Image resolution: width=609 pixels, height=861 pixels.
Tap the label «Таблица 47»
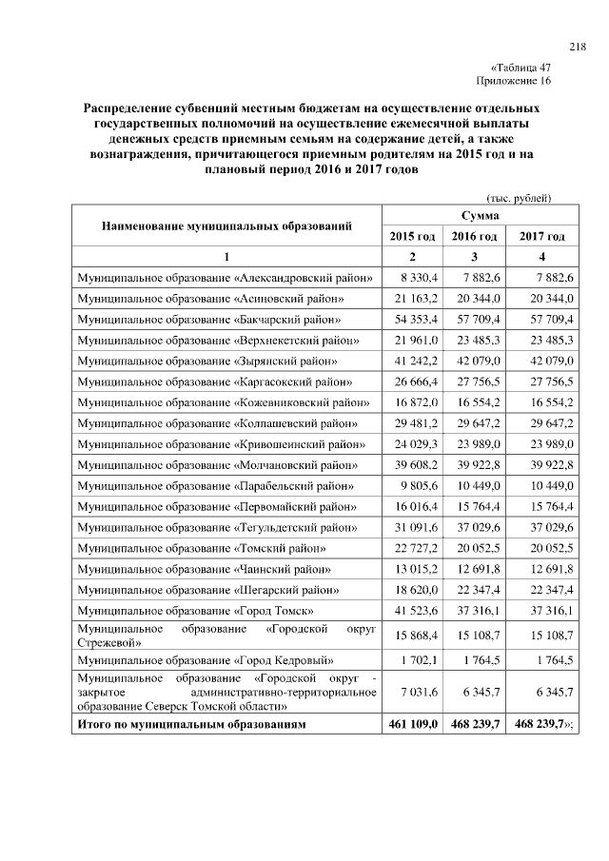(521, 68)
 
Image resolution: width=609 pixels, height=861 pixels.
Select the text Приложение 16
(520, 81)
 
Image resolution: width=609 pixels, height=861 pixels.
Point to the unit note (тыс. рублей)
(520, 198)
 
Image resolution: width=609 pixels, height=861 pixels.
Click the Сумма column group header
(475, 217)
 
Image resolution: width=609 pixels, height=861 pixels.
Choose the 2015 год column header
(413, 236)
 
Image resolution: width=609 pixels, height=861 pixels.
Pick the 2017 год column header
(542, 236)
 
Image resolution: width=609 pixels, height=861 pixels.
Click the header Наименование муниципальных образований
(226, 226)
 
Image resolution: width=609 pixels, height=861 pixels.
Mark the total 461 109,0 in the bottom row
(413, 724)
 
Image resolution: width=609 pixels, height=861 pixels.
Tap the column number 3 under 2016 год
(475, 257)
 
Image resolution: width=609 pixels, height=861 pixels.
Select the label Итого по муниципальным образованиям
(191, 724)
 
